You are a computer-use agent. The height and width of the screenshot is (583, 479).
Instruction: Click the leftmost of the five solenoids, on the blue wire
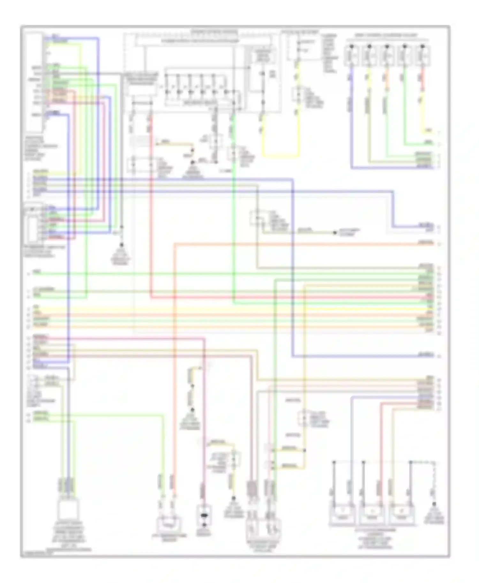point(351,56)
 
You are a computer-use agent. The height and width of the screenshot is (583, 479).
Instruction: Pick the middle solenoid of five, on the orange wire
point(387,56)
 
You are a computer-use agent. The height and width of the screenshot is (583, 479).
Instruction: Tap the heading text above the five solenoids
point(386,35)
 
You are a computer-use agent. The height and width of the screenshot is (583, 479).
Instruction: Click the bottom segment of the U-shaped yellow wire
point(281,156)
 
